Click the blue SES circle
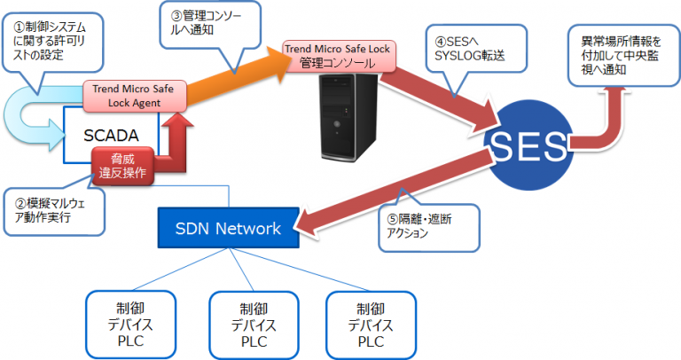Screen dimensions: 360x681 pyautogui.click(x=530, y=145)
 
